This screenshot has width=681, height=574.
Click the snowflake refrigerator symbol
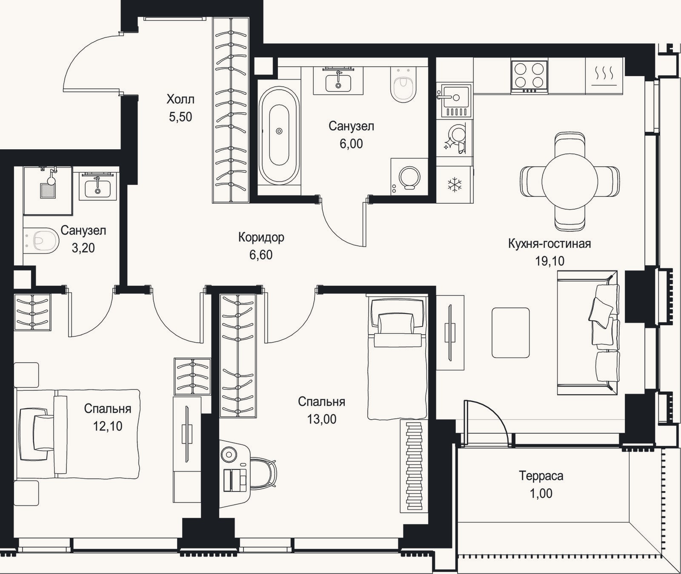tap(455, 185)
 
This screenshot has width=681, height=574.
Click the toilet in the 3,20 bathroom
tap(41, 241)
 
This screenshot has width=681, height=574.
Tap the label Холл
tap(180, 99)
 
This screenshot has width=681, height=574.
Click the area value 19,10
tap(549, 261)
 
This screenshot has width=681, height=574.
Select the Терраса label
tap(541, 476)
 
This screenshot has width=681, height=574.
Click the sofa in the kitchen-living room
tap(588, 333)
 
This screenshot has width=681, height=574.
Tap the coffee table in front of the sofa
tap(511, 333)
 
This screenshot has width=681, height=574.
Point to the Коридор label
tap(261, 237)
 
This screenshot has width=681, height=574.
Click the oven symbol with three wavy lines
tap(604, 76)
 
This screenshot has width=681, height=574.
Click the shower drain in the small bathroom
tap(48, 190)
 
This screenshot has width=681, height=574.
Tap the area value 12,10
tap(108, 426)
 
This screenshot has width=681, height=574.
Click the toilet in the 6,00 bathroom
tap(403, 85)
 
